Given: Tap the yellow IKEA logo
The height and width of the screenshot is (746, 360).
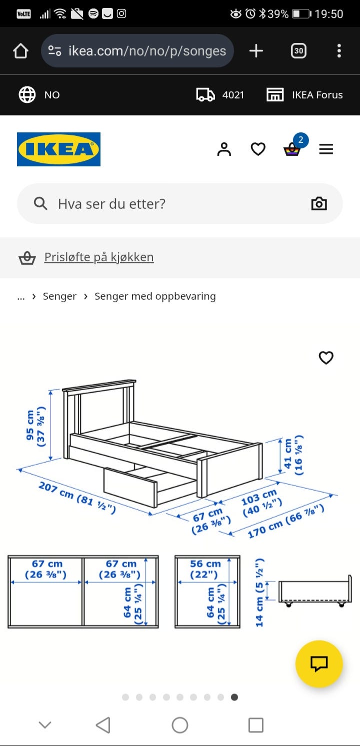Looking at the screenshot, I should click(58, 149).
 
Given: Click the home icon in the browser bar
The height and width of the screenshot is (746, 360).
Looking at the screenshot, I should click(20, 51).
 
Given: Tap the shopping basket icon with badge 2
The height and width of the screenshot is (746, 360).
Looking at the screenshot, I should click(292, 149).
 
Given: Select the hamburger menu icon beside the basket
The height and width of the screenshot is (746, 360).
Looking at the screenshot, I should click(326, 149).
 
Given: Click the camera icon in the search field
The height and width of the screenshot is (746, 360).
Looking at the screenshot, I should click(319, 204).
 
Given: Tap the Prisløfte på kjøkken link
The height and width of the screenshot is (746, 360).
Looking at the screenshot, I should click(98, 257).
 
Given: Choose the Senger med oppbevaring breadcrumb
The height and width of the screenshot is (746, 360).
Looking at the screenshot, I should click(155, 296).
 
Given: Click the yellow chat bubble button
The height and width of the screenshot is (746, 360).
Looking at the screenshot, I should click(319, 664).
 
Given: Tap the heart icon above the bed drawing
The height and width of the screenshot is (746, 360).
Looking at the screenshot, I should click(326, 358).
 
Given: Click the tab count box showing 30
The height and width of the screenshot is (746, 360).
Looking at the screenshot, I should click(298, 51).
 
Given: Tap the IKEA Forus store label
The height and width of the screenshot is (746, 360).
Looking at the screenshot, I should click(317, 95).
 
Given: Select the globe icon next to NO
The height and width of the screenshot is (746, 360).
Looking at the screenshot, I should click(27, 95).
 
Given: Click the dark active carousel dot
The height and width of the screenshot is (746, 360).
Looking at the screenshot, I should click(234, 697).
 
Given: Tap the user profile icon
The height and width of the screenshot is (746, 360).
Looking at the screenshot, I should click(224, 149).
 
